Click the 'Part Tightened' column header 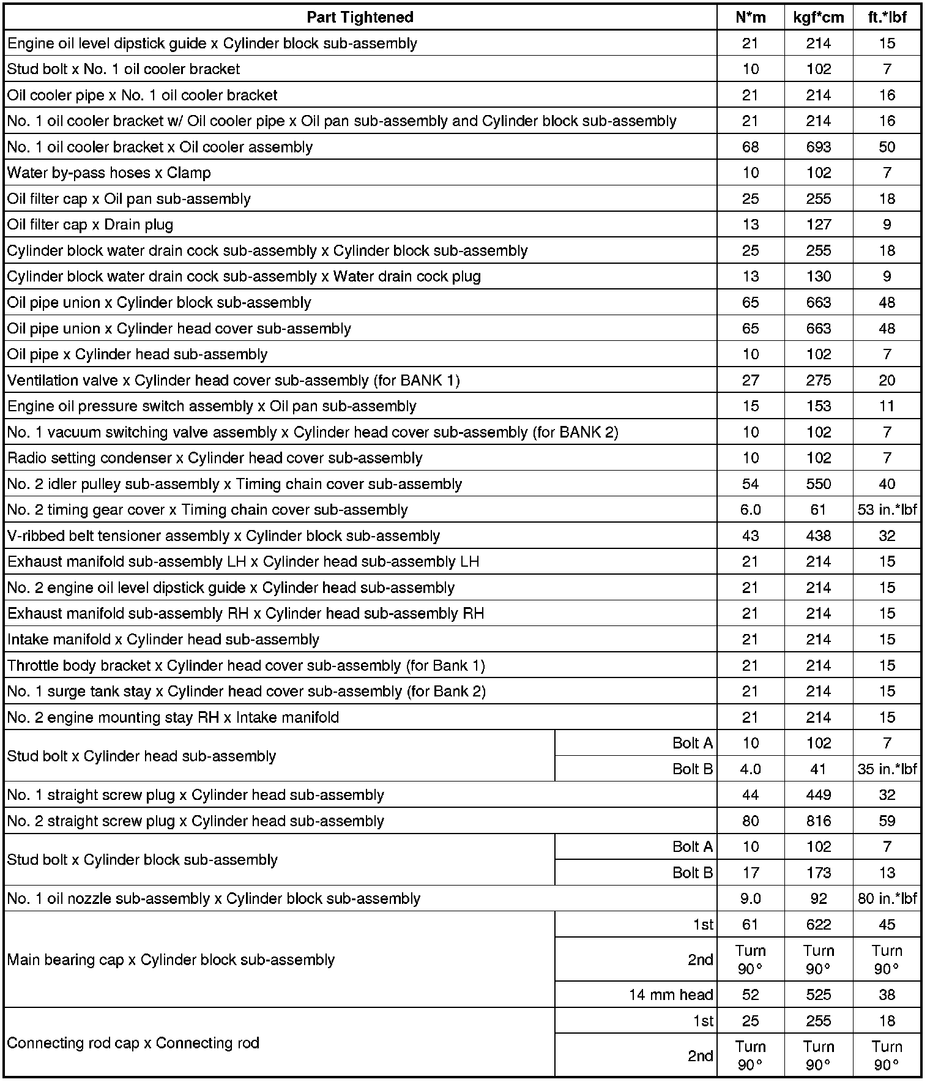[360, 17]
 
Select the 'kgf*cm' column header [818, 17]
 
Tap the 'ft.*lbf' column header [887, 17]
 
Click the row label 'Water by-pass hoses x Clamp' [109, 173]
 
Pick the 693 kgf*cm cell [818, 147]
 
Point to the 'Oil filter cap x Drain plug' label [90, 225]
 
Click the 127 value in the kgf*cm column [818, 225]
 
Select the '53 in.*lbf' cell [887, 510]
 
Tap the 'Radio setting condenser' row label [215, 458]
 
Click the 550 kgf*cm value [818, 484]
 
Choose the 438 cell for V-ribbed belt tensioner [818, 536]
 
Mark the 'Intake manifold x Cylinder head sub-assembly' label [163, 640]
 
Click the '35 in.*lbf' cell [887, 769]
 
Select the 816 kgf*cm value [818, 821]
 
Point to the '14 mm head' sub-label [671, 995]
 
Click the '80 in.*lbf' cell [887, 899]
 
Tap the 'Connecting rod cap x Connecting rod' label [133, 1043]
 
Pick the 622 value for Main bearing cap [818, 925]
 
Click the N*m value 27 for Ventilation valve [750, 381]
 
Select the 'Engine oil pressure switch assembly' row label [212, 406]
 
